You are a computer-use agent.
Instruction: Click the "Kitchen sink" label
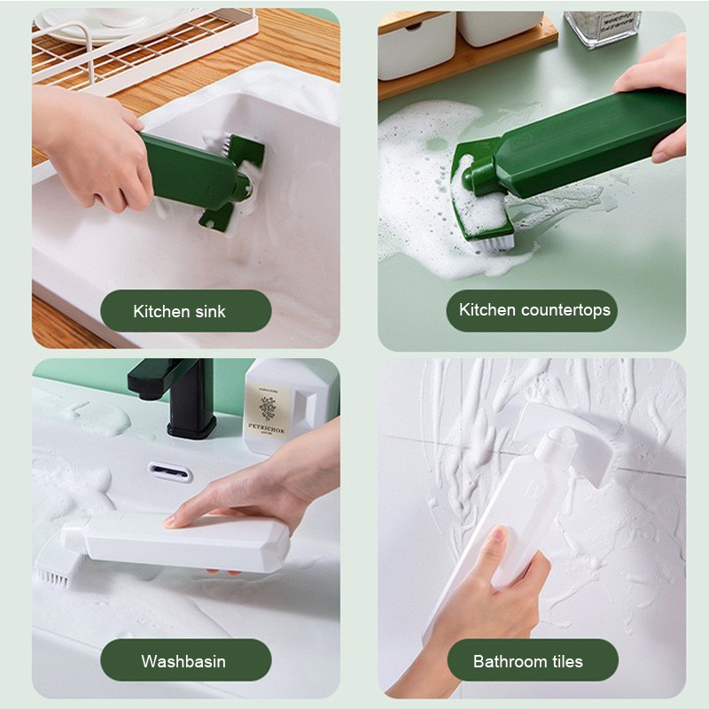coord(179,311)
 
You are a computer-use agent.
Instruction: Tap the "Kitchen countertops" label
coord(534,310)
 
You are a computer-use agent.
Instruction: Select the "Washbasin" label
coord(183,661)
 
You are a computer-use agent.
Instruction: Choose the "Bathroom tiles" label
coord(527,661)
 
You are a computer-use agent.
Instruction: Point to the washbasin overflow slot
coord(170,473)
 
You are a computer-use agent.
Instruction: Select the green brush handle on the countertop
coord(585,146)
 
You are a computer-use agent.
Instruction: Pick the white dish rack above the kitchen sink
coord(133,44)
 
